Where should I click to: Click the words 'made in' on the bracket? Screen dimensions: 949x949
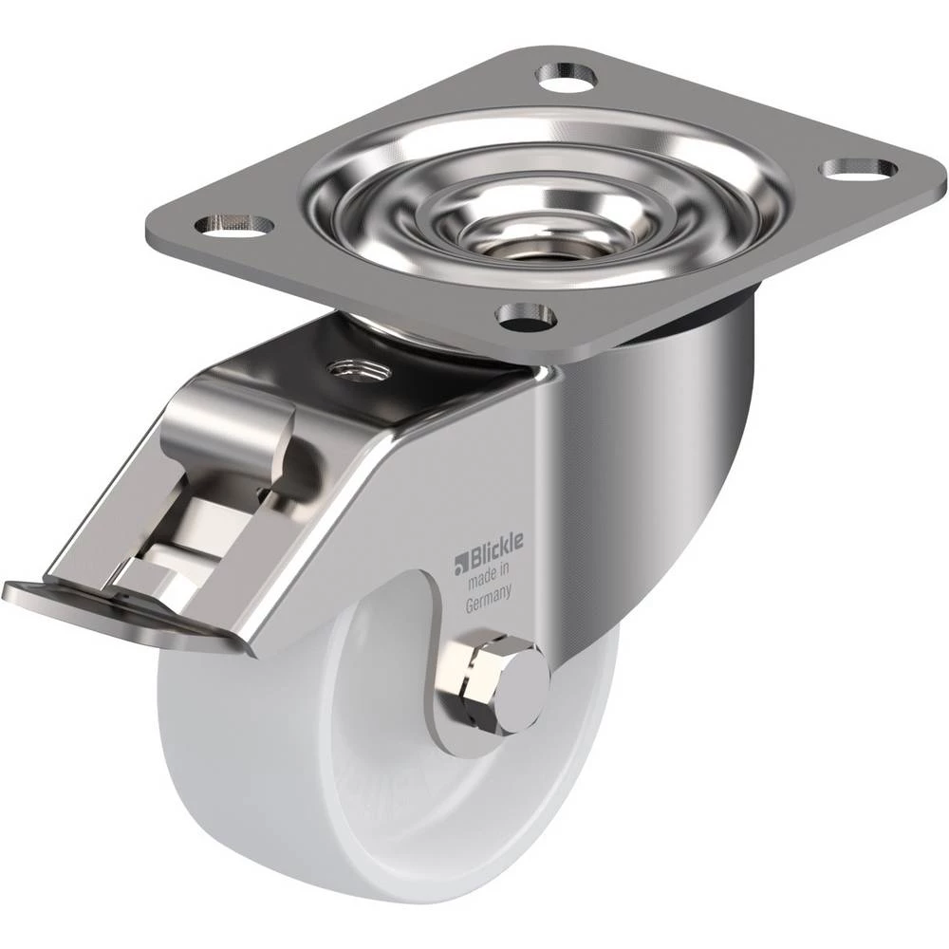(491, 574)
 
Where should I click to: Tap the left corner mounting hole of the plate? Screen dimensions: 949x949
(233, 224)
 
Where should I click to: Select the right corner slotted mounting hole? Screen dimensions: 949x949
(858, 170)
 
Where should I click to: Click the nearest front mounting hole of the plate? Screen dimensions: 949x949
(526, 316)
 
